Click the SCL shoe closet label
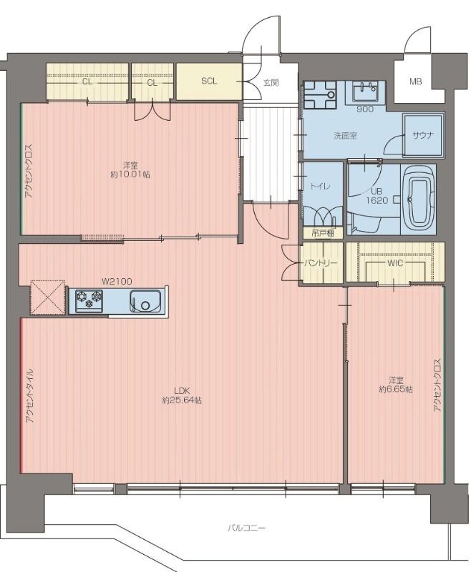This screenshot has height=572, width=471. coord(209,81)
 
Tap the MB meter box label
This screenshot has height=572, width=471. coord(415,82)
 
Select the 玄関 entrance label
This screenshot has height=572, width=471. coord(271,83)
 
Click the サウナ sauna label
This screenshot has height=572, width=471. coord(423,135)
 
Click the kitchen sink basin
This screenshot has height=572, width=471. coord(145,301)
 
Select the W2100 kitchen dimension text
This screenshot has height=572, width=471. coord(117,281)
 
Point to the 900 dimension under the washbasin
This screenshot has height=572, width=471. coord(365,109)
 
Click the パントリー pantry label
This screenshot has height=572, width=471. coord(321,262)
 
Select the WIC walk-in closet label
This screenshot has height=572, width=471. coord(395,262)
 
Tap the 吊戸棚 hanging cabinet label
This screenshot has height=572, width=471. coord(323,234)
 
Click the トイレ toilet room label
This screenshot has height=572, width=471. coord(320,187)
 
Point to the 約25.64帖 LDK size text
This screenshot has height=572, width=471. coord(182,400)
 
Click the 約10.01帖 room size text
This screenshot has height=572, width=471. coord(130,174)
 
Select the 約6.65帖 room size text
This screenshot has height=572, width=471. coord(396,389)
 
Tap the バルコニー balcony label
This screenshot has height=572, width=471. coord(246,528)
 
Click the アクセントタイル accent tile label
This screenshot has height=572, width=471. coord(30,395)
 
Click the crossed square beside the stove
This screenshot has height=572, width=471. coord(47,297)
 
